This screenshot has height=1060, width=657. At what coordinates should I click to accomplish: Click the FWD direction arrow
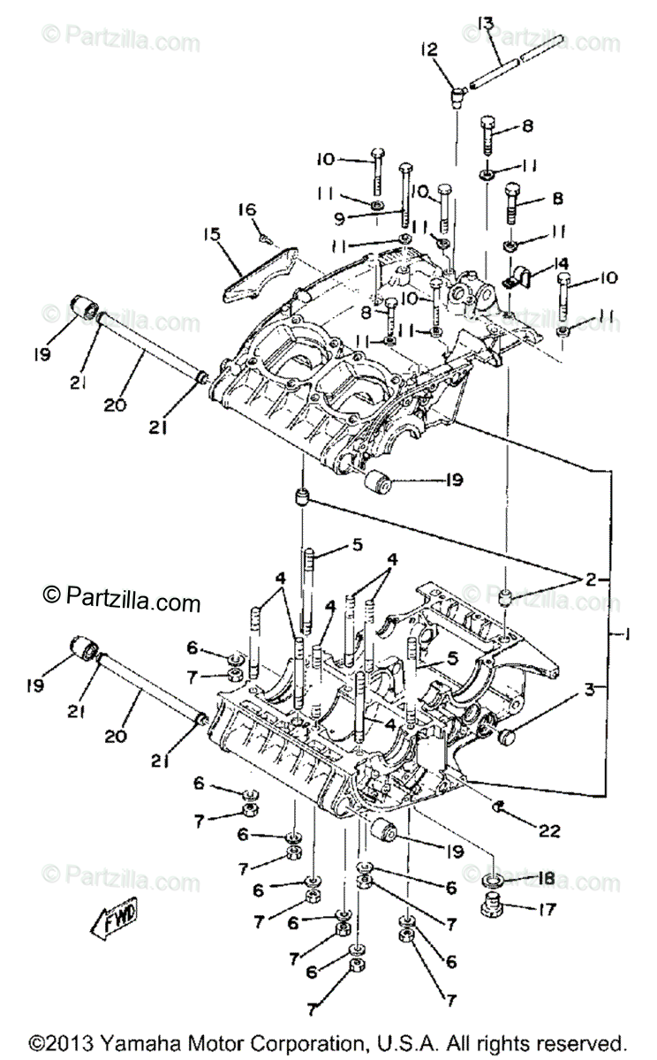pyautogui.click(x=111, y=921)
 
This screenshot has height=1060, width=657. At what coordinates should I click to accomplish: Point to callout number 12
pyautogui.click(x=430, y=50)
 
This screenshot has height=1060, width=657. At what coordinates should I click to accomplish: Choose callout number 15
pyautogui.click(x=209, y=236)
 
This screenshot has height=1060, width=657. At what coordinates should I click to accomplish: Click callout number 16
pyautogui.click(x=246, y=208)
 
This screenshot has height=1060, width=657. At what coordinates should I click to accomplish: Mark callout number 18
pyautogui.click(x=546, y=879)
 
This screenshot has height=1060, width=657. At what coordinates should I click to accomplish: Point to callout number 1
pyautogui.click(x=625, y=633)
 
